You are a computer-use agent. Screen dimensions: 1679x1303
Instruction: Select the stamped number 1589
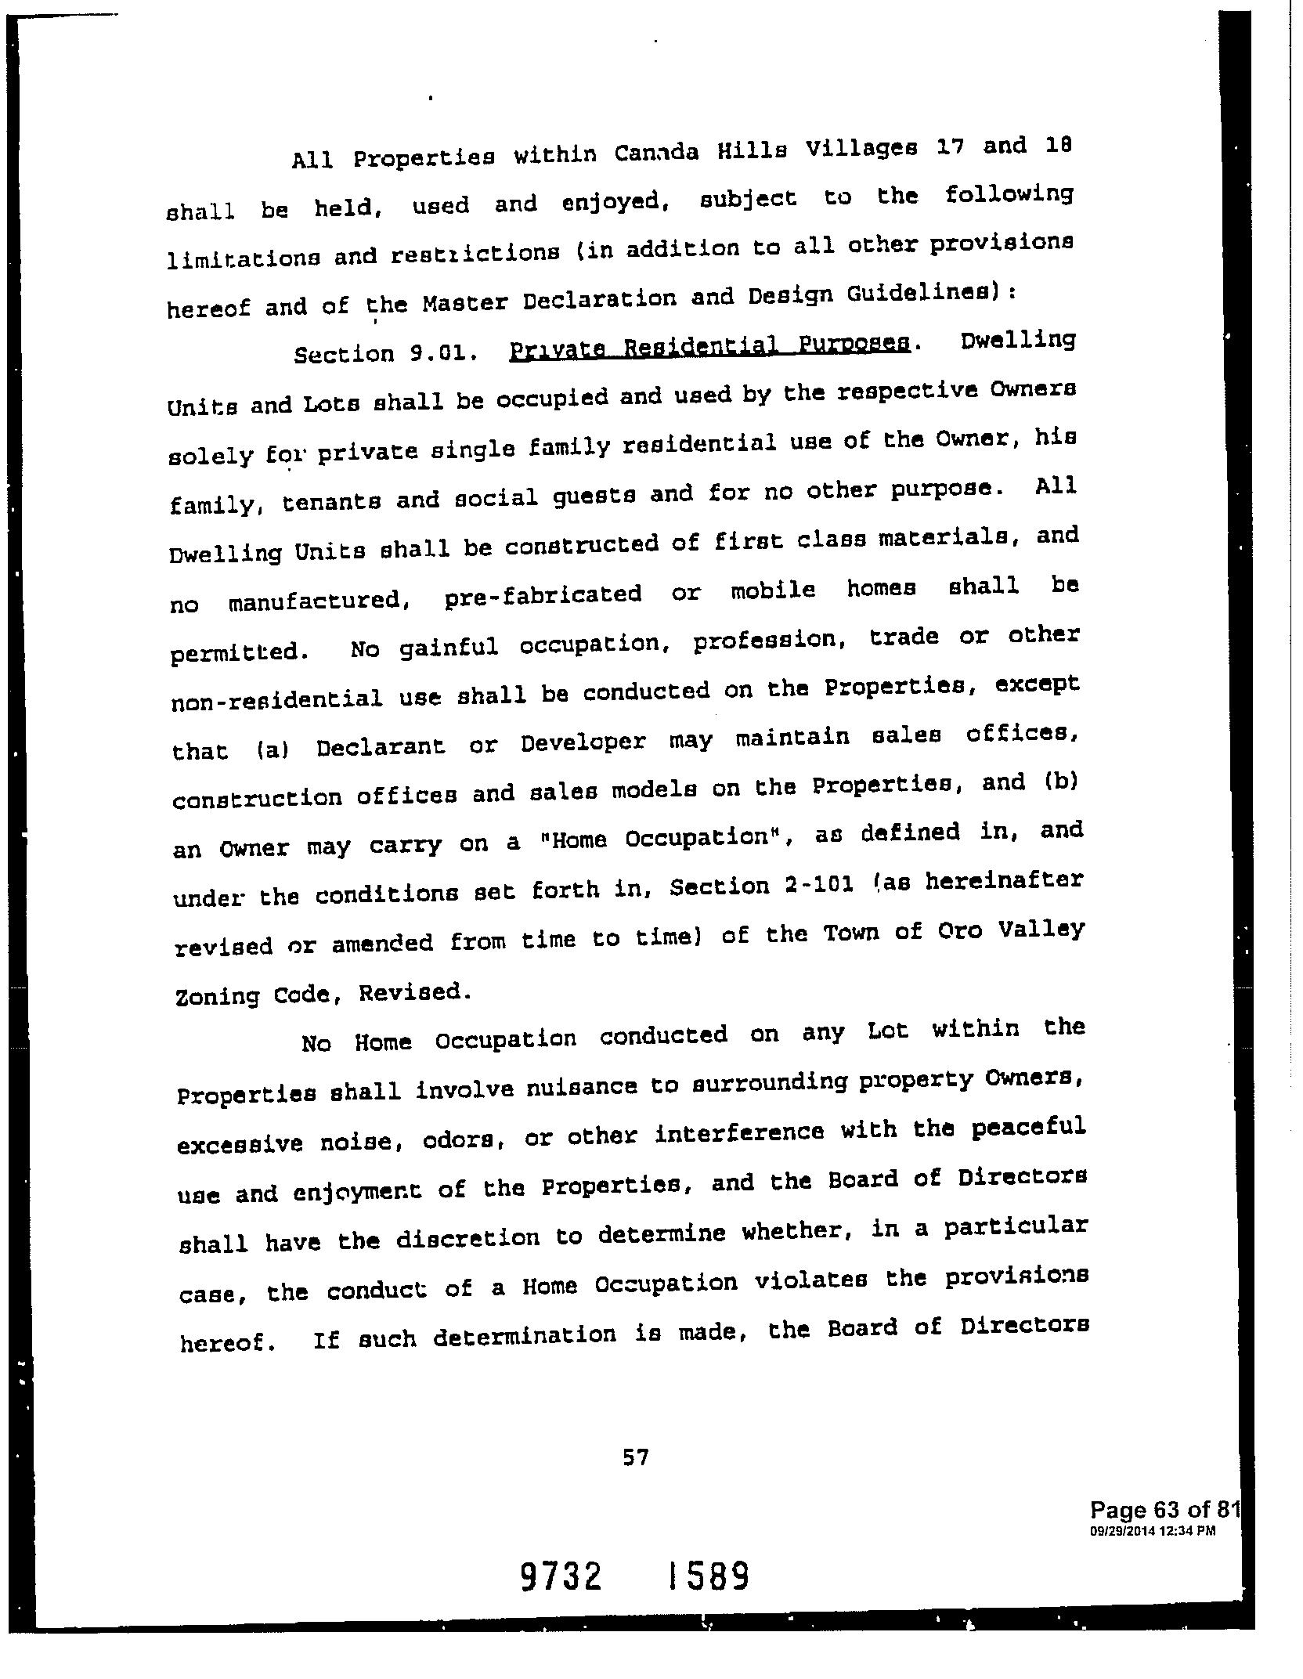pos(709,1576)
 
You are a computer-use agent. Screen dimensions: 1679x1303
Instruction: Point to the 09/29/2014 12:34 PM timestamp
pos(1152,1531)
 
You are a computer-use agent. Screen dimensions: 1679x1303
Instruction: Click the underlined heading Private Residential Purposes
pos(709,345)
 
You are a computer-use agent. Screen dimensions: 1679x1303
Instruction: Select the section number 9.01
pos(444,352)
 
